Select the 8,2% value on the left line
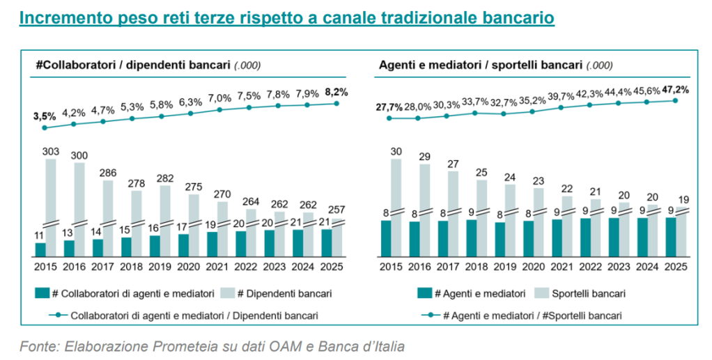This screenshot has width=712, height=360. click(336, 91)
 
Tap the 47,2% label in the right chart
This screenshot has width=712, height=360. click(675, 89)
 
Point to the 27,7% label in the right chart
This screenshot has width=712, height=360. click(389, 107)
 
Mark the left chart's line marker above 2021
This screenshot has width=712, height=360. click(219, 109)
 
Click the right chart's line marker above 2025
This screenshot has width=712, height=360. click(675, 100)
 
